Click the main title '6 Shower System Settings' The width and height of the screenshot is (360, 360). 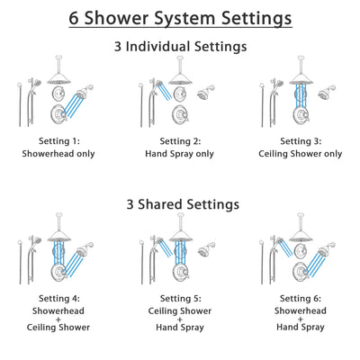[x=180, y=17]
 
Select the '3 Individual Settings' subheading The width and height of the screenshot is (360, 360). [x=180, y=45]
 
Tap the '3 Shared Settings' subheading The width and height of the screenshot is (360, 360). [x=180, y=203]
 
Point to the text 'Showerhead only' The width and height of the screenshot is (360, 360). [x=60, y=154]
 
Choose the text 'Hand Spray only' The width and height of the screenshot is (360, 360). [x=180, y=154]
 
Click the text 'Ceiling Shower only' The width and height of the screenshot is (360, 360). [x=300, y=154]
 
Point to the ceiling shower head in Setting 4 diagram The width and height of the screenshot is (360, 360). [x=58, y=232]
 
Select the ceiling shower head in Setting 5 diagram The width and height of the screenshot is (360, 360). [x=177, y=232]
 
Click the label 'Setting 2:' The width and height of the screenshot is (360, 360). [x=180, y=141]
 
